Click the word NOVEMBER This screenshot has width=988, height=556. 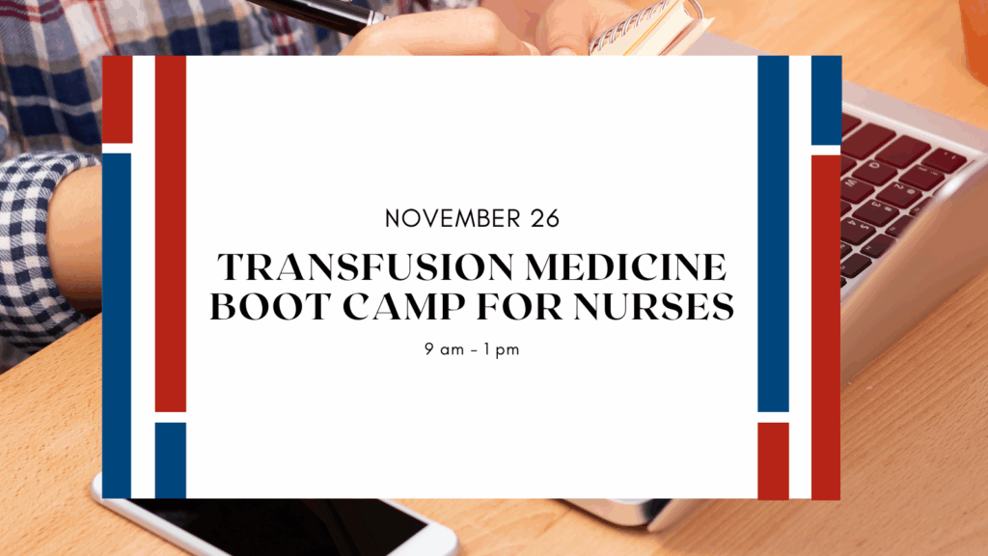tap(453, 219)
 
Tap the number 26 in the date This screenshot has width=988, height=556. tap(545, 219)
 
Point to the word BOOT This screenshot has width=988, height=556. tap(271, 306)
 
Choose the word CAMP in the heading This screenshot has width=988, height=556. tap(404, 306)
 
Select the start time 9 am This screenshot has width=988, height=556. tap(444, 349)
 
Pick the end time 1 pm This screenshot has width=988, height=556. tap(502, 349)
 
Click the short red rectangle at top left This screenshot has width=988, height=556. tap(117, 99)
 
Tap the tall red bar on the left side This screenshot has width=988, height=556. tap(170, 234)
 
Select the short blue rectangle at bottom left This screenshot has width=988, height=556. tap(170, 460)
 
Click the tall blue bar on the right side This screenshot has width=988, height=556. tap(773, 234)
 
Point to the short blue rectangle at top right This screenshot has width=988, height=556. tap(826, 100)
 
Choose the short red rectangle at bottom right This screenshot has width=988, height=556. tap(773, 460)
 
